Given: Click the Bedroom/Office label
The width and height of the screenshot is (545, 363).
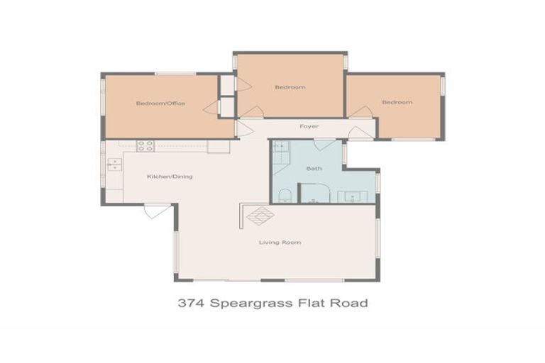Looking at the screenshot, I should tap(160, 104).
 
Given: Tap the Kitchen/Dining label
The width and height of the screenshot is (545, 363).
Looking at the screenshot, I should tap(170, 177).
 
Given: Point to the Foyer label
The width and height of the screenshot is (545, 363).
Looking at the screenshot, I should tap(309, 126).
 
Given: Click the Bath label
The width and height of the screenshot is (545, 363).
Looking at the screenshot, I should tap(314, 169).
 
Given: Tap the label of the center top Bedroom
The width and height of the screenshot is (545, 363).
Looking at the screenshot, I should tap(290, 87).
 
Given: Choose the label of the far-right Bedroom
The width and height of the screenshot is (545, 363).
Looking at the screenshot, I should tap(397, 102).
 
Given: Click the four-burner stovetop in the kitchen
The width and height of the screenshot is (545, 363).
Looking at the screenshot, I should tap(145, 146).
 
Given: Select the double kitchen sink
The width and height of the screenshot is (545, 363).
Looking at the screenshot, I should tap(114, 164).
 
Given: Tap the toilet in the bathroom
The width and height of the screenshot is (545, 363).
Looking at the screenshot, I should tap(283, 195).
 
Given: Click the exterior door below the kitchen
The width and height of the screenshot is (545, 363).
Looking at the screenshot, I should tap(156, 211).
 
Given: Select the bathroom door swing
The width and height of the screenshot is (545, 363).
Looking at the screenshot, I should tap(325, 144).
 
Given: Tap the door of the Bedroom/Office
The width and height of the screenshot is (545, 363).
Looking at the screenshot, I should tap(211, 108).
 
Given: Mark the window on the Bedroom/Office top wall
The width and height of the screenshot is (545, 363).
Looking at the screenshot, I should tap(175, 73).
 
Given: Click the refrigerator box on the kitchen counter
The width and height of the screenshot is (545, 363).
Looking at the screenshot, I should tap(219, 147).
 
